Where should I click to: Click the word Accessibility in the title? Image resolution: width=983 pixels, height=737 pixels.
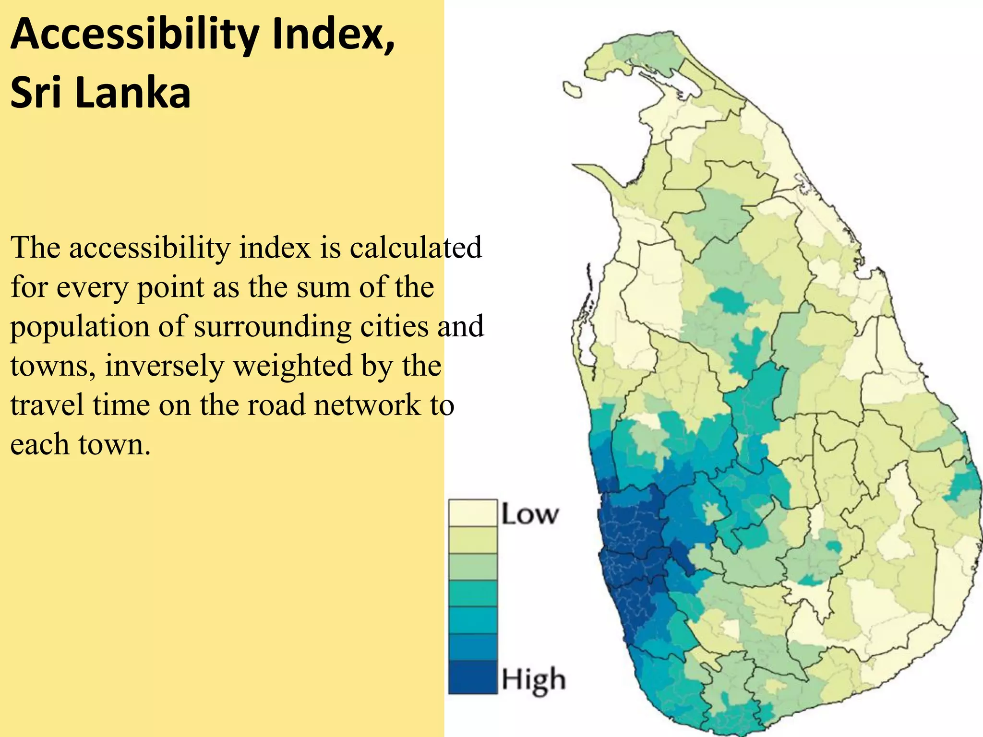(134, 35)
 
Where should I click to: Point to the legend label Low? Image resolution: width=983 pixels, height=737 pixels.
(530, 514)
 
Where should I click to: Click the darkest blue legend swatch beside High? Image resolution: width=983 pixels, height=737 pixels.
(472, 677)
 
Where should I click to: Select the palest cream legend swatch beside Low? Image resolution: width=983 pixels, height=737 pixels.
(472, 513)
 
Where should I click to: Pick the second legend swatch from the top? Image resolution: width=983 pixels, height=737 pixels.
(472, 540)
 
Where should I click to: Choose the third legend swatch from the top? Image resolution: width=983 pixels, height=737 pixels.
(472, 567)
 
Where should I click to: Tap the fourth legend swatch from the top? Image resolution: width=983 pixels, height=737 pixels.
(472, 594)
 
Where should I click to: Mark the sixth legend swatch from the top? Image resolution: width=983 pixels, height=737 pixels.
(472, 648)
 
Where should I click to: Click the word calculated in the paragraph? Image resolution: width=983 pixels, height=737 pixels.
(415, 248)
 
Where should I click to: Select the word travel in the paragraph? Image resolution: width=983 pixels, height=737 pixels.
(47, 404)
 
